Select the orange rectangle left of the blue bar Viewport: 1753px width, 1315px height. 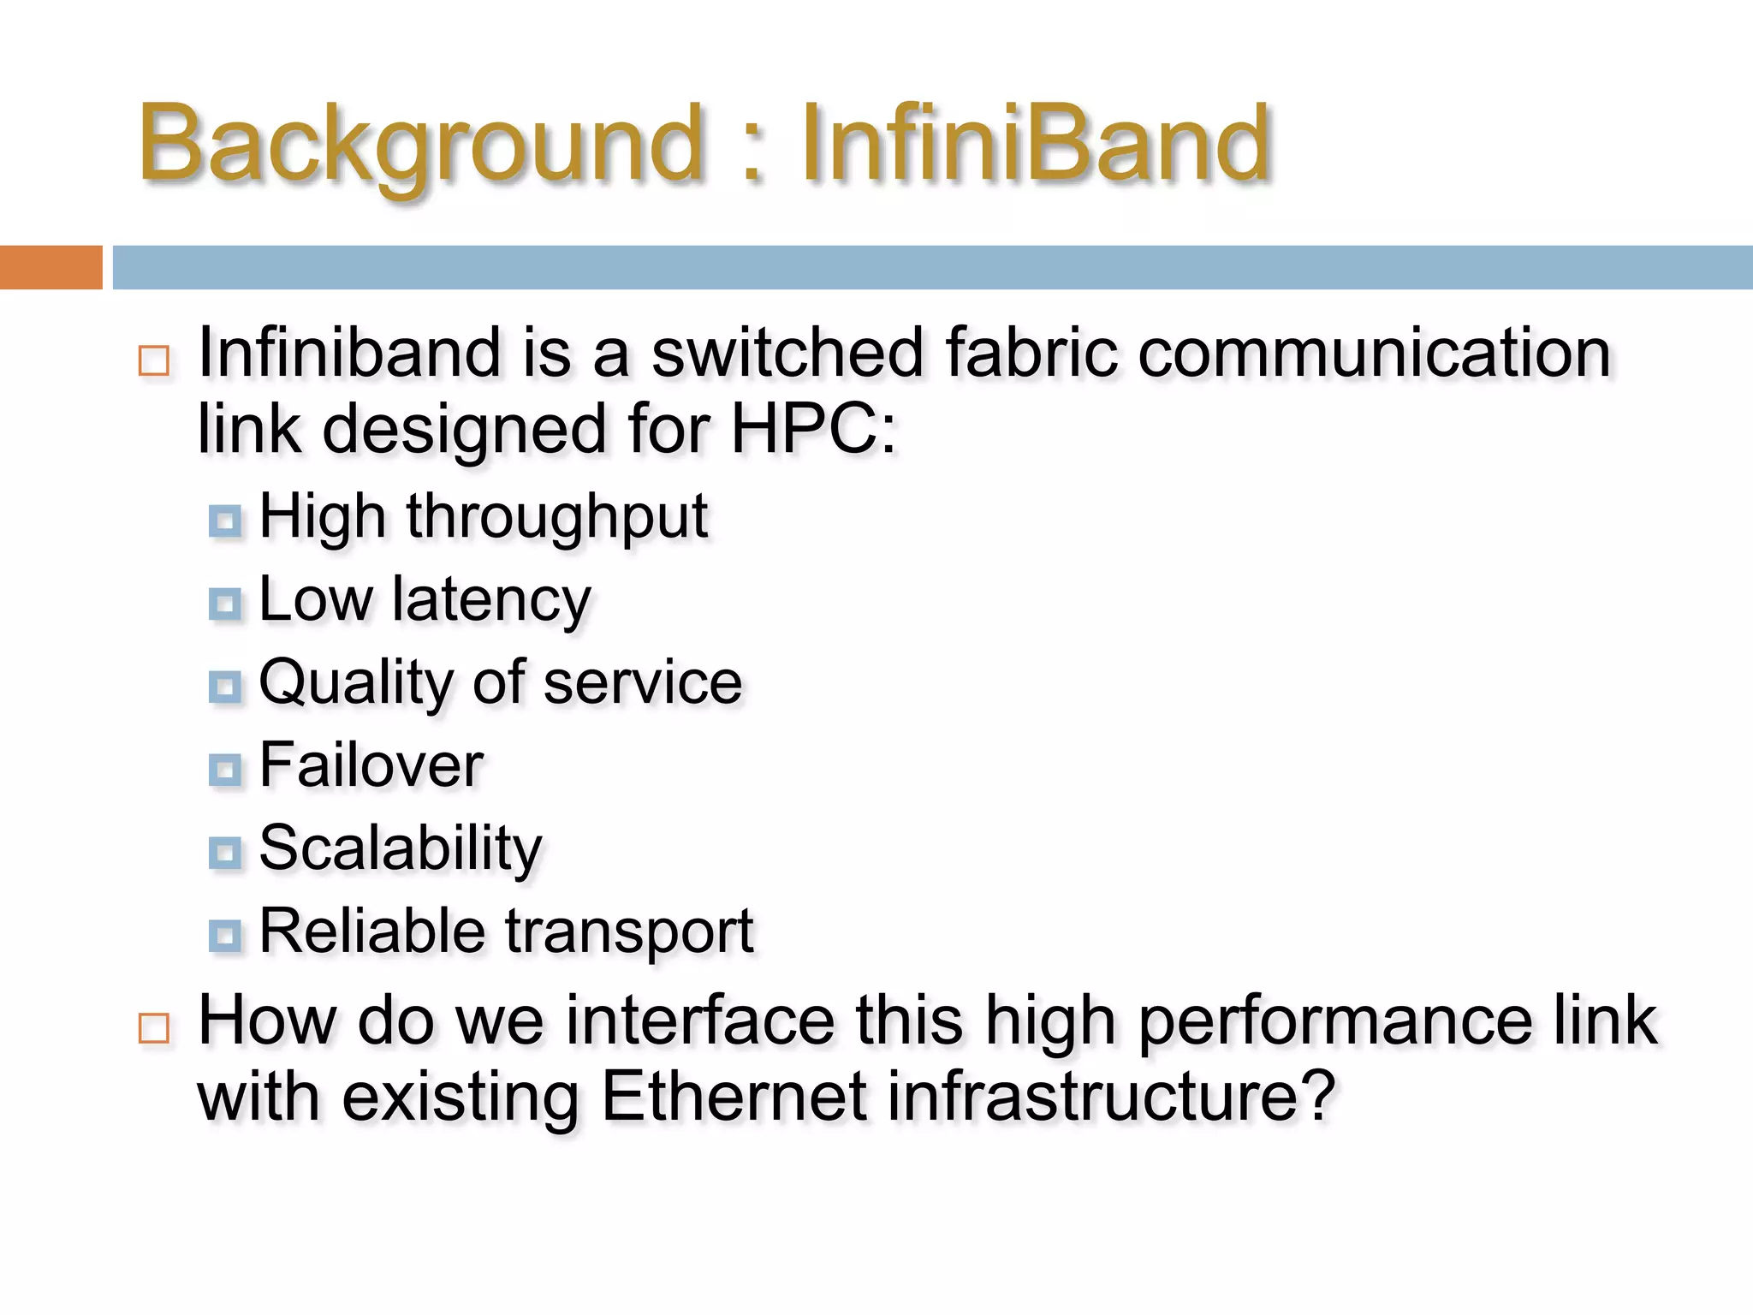point(51,267)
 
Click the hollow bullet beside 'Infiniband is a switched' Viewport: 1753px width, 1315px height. point(154,360)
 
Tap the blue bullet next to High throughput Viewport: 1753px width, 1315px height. point(225,521)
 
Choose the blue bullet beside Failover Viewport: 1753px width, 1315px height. point(225,770)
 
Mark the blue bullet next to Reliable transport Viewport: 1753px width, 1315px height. point(225,936)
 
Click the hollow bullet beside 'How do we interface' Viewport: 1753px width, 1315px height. point(154,1027)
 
